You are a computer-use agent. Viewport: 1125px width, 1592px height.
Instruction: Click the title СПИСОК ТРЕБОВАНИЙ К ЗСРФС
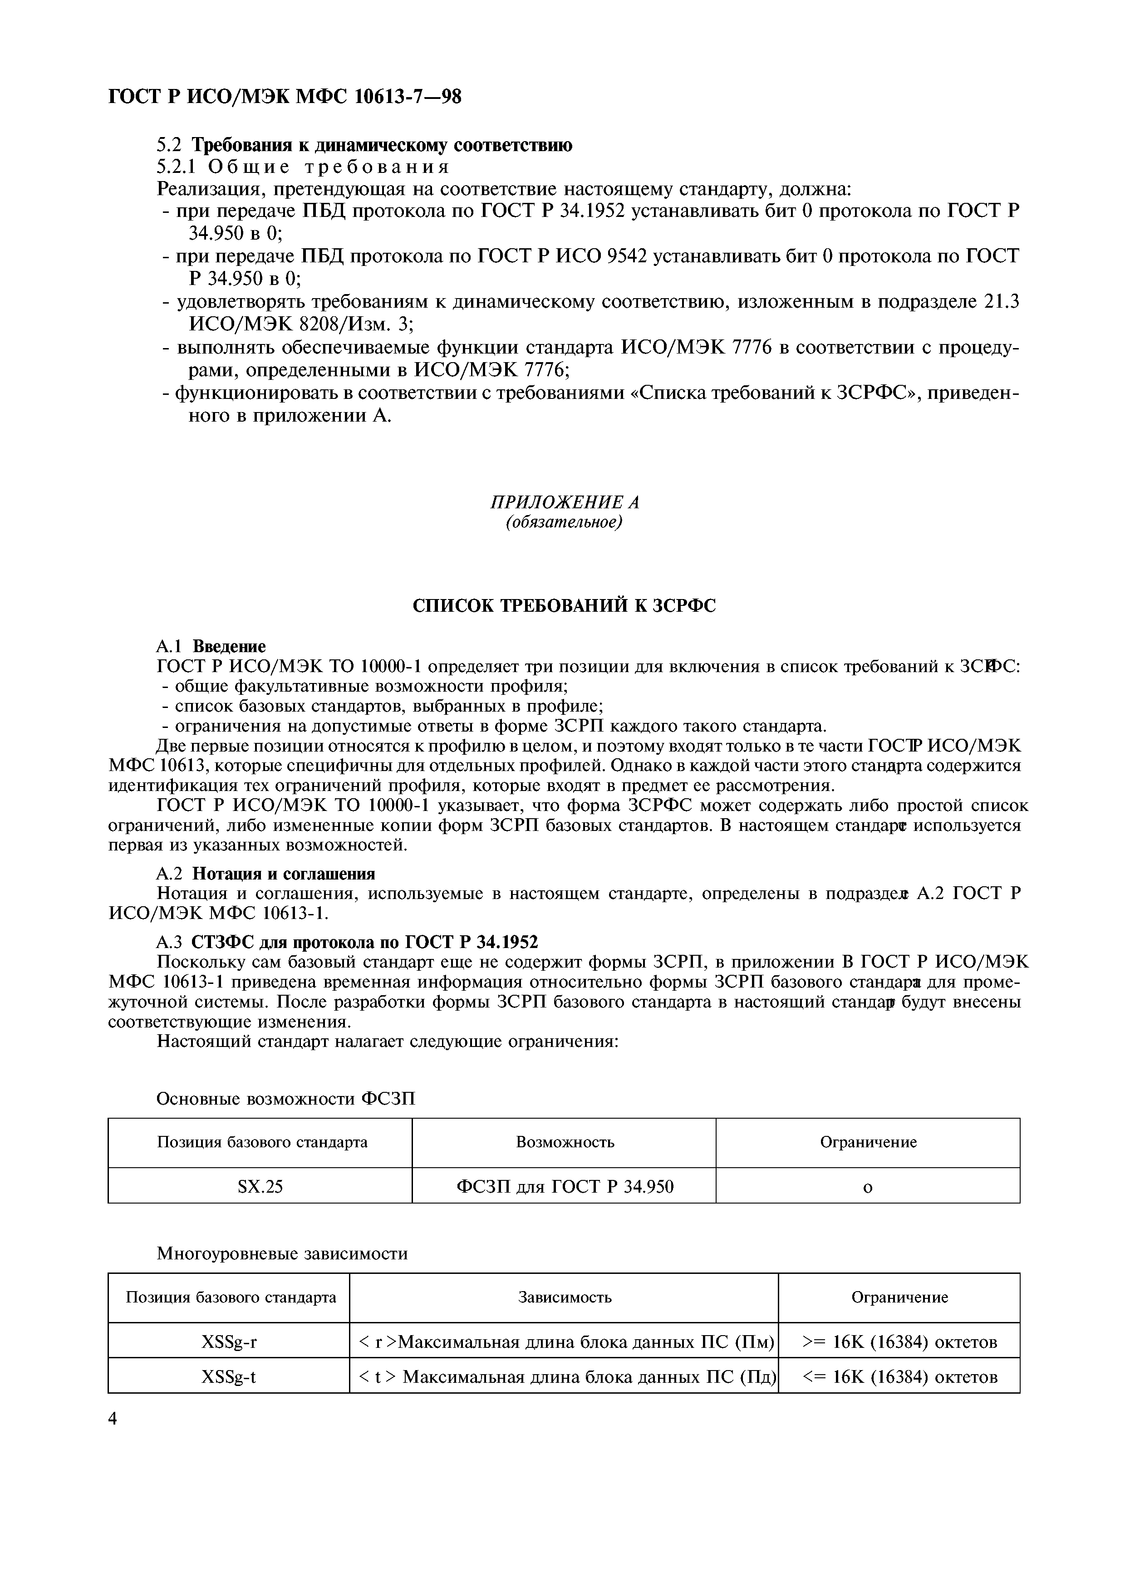tap(564, 605)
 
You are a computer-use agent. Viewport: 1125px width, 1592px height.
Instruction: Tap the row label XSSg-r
tap(229, 1341)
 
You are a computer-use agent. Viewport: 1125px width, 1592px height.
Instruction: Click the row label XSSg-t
tap(229, 1376)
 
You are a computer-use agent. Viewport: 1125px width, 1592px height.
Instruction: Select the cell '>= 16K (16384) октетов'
tap(899, 1341)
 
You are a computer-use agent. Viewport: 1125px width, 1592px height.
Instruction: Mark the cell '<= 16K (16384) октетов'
tap(899, 1376)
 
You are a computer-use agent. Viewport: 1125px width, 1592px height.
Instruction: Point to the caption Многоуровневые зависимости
tap(282, 1253)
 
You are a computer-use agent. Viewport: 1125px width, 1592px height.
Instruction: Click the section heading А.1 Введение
tap(211, 646)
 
